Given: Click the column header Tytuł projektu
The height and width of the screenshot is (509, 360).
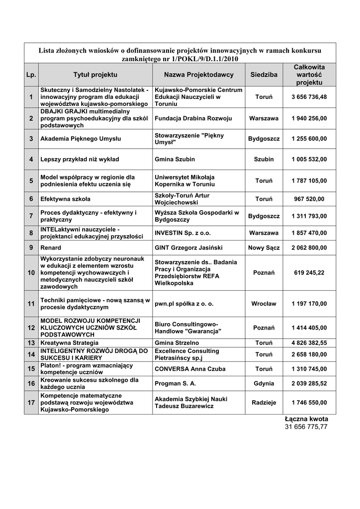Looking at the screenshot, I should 95,75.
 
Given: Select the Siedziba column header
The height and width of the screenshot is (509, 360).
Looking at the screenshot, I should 264,75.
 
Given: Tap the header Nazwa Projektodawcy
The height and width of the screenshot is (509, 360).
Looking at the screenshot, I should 198,75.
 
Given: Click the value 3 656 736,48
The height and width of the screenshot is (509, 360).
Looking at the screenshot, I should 309,97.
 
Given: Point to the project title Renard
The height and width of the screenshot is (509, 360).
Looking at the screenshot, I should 51,248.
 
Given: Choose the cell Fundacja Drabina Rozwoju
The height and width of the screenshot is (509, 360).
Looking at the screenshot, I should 193,119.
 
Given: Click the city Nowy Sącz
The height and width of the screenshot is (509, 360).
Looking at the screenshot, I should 264,248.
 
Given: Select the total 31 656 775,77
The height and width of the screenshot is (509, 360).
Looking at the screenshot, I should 306,427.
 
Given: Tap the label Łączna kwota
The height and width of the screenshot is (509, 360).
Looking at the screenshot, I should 306,419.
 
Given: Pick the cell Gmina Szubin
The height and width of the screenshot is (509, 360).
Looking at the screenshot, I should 175,159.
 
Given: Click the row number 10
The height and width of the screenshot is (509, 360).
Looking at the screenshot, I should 31,273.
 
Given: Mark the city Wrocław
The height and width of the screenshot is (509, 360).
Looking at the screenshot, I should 264,304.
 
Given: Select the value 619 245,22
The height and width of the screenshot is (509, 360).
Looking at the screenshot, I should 309,273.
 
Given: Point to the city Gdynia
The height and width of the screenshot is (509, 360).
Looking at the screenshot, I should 264,384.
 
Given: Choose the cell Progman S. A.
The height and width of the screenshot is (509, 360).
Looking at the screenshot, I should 176,384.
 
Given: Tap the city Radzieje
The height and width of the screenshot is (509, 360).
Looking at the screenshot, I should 264,403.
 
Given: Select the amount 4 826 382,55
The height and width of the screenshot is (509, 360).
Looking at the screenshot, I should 309,343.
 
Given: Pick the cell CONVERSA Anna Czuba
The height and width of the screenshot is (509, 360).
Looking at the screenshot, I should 190,369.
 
